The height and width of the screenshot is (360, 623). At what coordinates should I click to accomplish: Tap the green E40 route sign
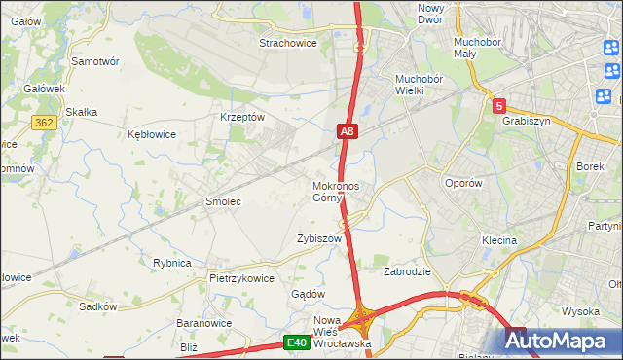pyautogui.click(x=297, y=342)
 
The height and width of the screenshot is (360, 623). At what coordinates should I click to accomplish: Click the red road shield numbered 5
pyautogui.click(x=498, y=105)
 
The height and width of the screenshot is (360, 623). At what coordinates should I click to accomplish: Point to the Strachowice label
pyautogui.click(x=289, y=43)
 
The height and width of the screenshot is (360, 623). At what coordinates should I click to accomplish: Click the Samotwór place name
pyautogui.click(x=95, y=60)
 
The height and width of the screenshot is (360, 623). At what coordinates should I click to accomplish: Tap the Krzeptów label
pyautogui.click(x=243, y=116)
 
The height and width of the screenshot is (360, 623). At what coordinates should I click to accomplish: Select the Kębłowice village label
pyautogui.click(x=152, y=135)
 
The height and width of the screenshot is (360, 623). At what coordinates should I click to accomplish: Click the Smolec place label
pyautogui.click(x=222, y=201)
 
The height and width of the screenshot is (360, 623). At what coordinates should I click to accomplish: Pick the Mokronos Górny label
pyautogui.click(x=336, y=192)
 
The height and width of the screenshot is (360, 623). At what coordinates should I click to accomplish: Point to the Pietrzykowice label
pyautogui.click(x=241, y=277)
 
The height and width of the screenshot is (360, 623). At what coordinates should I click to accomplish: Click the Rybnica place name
pyautogui.click(x=171, y=263)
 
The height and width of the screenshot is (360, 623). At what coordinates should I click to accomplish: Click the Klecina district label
pyautogui.click(x=498, y=239)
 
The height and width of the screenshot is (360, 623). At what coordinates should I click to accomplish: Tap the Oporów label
pyautogui.click(x=463, y=183)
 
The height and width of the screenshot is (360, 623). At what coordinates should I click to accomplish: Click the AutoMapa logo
pyautogui.click(x=562, y=341)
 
